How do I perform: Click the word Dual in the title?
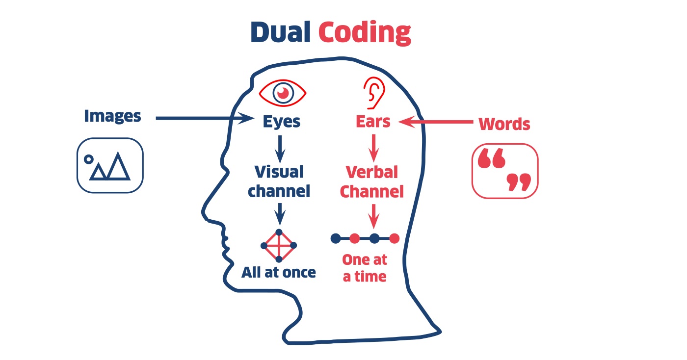click(280, 32)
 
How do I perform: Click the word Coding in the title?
click(364, 33)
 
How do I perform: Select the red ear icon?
click(374, 93)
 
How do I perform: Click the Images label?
click(112, 116)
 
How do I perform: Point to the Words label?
click(504, 124)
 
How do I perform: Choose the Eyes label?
click(281, 121)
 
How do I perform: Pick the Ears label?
click(373, 121)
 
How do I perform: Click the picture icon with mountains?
click(110, 165)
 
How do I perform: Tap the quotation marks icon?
click(504, 171)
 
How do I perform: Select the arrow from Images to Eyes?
click(201, 118)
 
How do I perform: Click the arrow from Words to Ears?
click(437, 122)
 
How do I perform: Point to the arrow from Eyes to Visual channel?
click(280, 148)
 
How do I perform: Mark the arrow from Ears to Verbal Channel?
click(374, 148)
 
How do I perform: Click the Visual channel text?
click(279, 181)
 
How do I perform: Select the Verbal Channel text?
click(372, 181)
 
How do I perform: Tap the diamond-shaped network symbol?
click(279, 245)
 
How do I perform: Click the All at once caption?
click(278, 273)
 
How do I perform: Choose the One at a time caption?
click(365, 268)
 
